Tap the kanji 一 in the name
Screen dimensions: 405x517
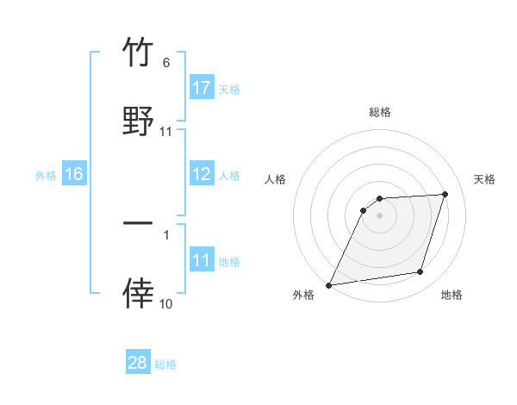click(x=138, y=223)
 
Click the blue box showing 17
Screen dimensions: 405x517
click(x=202, y=88)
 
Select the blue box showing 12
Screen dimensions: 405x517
click(x=202, y=174)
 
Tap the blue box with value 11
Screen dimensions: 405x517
click(x=202, y=260)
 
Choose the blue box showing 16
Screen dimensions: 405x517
click(x=74, y=174)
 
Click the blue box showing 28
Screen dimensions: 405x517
click(x=138, y=363)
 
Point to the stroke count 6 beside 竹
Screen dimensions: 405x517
click(x=166, y=63)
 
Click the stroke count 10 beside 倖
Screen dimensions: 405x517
click(x=165, y=303)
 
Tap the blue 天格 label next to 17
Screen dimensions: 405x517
click(x=229, y=89)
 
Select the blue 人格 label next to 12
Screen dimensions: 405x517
click(x=229, y=175)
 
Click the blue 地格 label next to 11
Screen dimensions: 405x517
click(x=229, y=261)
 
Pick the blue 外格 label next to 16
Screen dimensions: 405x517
click(x=46, y=175)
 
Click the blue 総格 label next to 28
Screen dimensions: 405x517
click(x=165, y=364)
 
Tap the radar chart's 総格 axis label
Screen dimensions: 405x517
click(x=380, y=112)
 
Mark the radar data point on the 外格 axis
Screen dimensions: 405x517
click(x=329, y=285)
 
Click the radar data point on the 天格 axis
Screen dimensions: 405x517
click(x=445, y=194)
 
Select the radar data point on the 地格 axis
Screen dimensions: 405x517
click(x=420, y=272)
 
